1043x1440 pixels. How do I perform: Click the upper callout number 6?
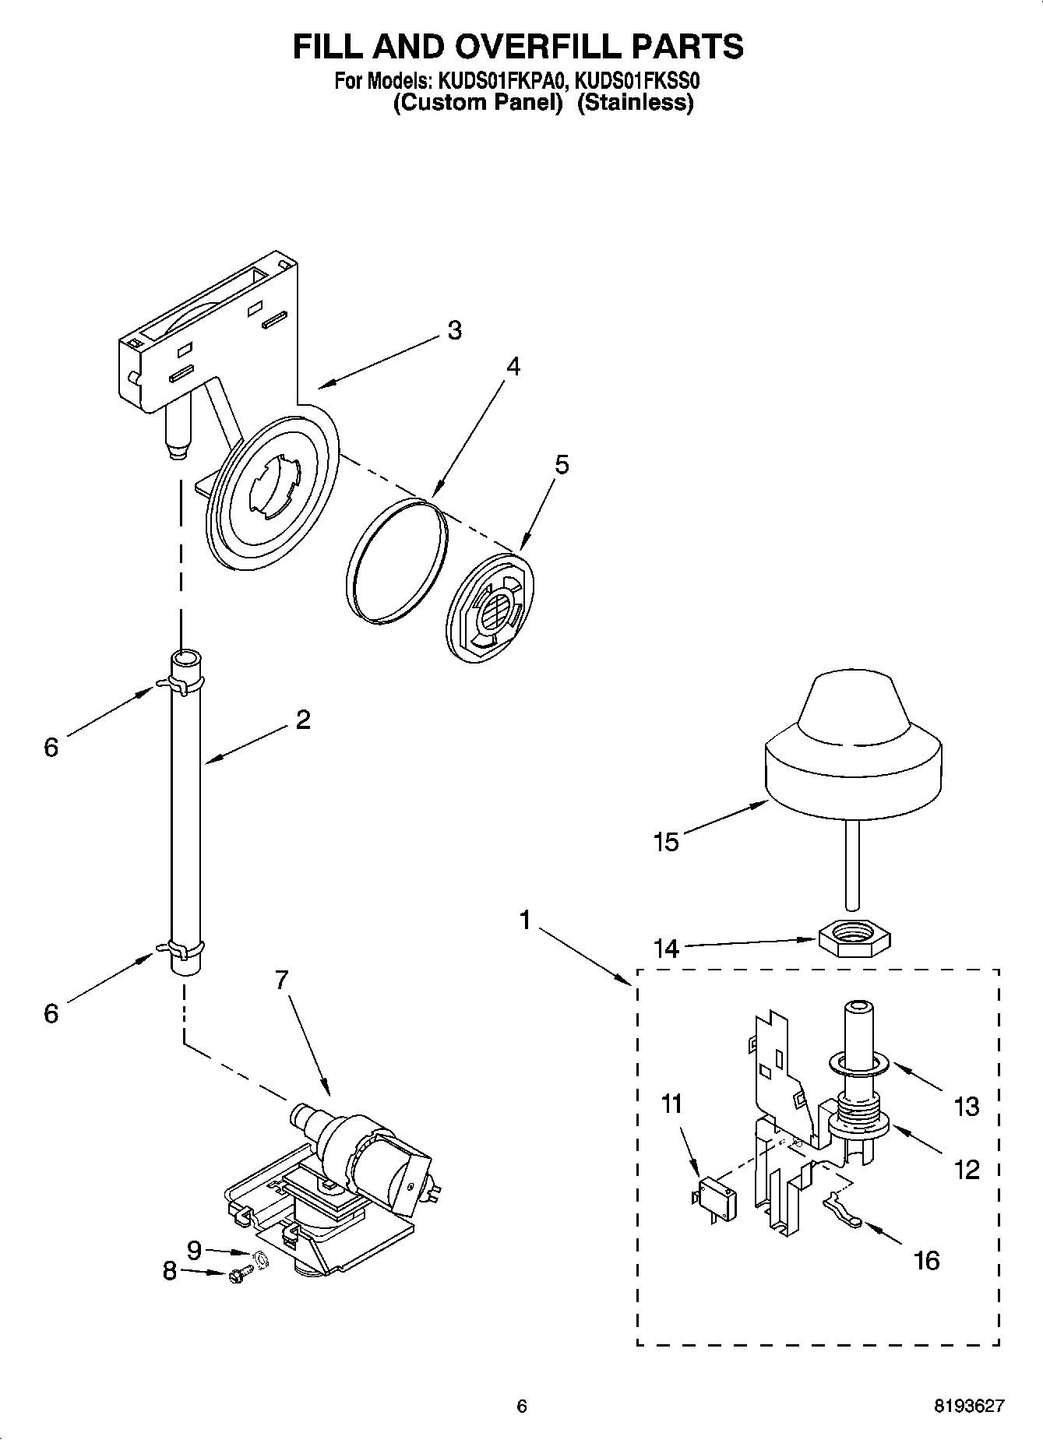point(51,748)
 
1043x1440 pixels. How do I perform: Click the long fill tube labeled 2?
point(185,810)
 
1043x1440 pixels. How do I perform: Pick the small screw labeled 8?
point(238,1276)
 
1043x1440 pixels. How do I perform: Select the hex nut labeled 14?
point(854,931)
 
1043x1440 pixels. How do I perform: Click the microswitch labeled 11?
point(714,1190)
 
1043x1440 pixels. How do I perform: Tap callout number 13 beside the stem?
point(966,1106)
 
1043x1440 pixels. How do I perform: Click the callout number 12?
point(967,1169)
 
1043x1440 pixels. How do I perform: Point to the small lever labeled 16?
point(841,1213)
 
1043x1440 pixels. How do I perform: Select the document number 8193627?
point(969,1405)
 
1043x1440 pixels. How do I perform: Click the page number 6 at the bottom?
point(522,1406)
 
